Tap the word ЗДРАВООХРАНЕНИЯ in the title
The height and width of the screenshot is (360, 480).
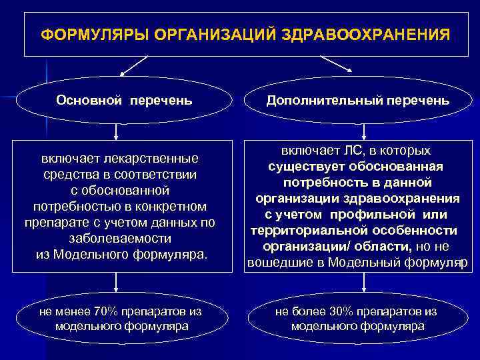377,33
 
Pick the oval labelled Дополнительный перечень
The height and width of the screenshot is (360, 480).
357,101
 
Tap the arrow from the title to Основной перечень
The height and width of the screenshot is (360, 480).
133,66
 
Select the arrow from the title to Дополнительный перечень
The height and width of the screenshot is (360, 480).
337,65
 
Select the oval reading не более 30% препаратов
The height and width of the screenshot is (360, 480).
357,319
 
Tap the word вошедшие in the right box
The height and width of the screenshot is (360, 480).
277,263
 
